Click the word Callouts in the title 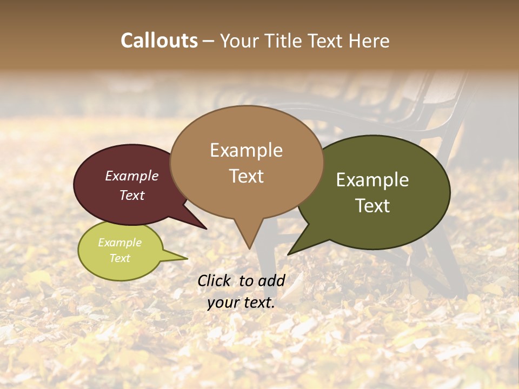[x=159, y=41]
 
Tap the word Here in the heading [x=370, y=41]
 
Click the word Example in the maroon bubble [x=132, y=176]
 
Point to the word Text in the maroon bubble [x=132, y=195]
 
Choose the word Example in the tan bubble [x=246, y=150]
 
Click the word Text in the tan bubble [x=246, y=176]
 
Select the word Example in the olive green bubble [x=372, y=180]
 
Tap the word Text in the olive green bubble [x=372, y=206]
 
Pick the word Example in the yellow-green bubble [x=120, y=243]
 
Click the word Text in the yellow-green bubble [x=120, y=258]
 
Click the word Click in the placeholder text [x=215, y=280]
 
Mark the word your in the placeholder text [x=223, y=303]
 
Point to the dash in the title [x=209, y=41]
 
